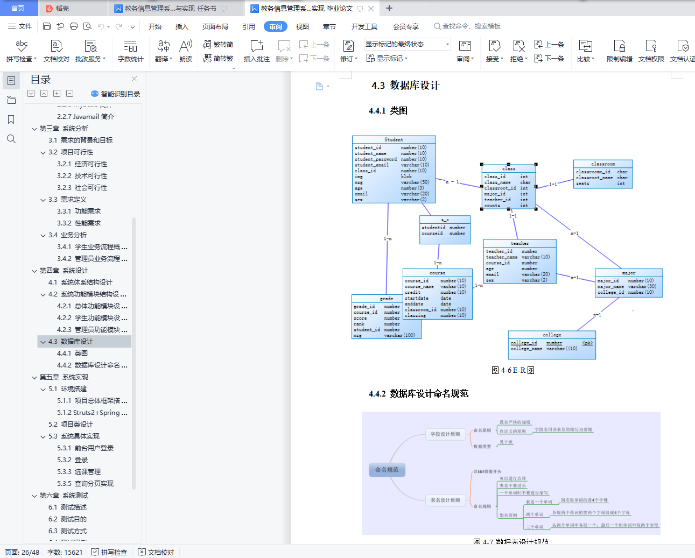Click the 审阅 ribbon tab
coord(276,26)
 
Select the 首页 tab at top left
coord(18,8)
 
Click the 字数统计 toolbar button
coord(130,51)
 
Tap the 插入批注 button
coord(256,51)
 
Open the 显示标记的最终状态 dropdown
coord(408,44)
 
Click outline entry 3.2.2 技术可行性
coord(82,175)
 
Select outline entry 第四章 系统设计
coord(64,270)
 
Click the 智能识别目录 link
coord(116,94)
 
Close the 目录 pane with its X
coord(134,79)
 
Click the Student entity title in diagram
coord(394,139)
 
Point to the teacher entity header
coord(520,243)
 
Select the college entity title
coord(552,335)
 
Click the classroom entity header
coord(603,164)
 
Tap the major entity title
coord(628,273)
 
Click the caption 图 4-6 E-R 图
coord(513,370)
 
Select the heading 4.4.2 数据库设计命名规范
coord(418,394)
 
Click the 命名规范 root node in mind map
coord(387,470)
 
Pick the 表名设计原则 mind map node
coord(445,500)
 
